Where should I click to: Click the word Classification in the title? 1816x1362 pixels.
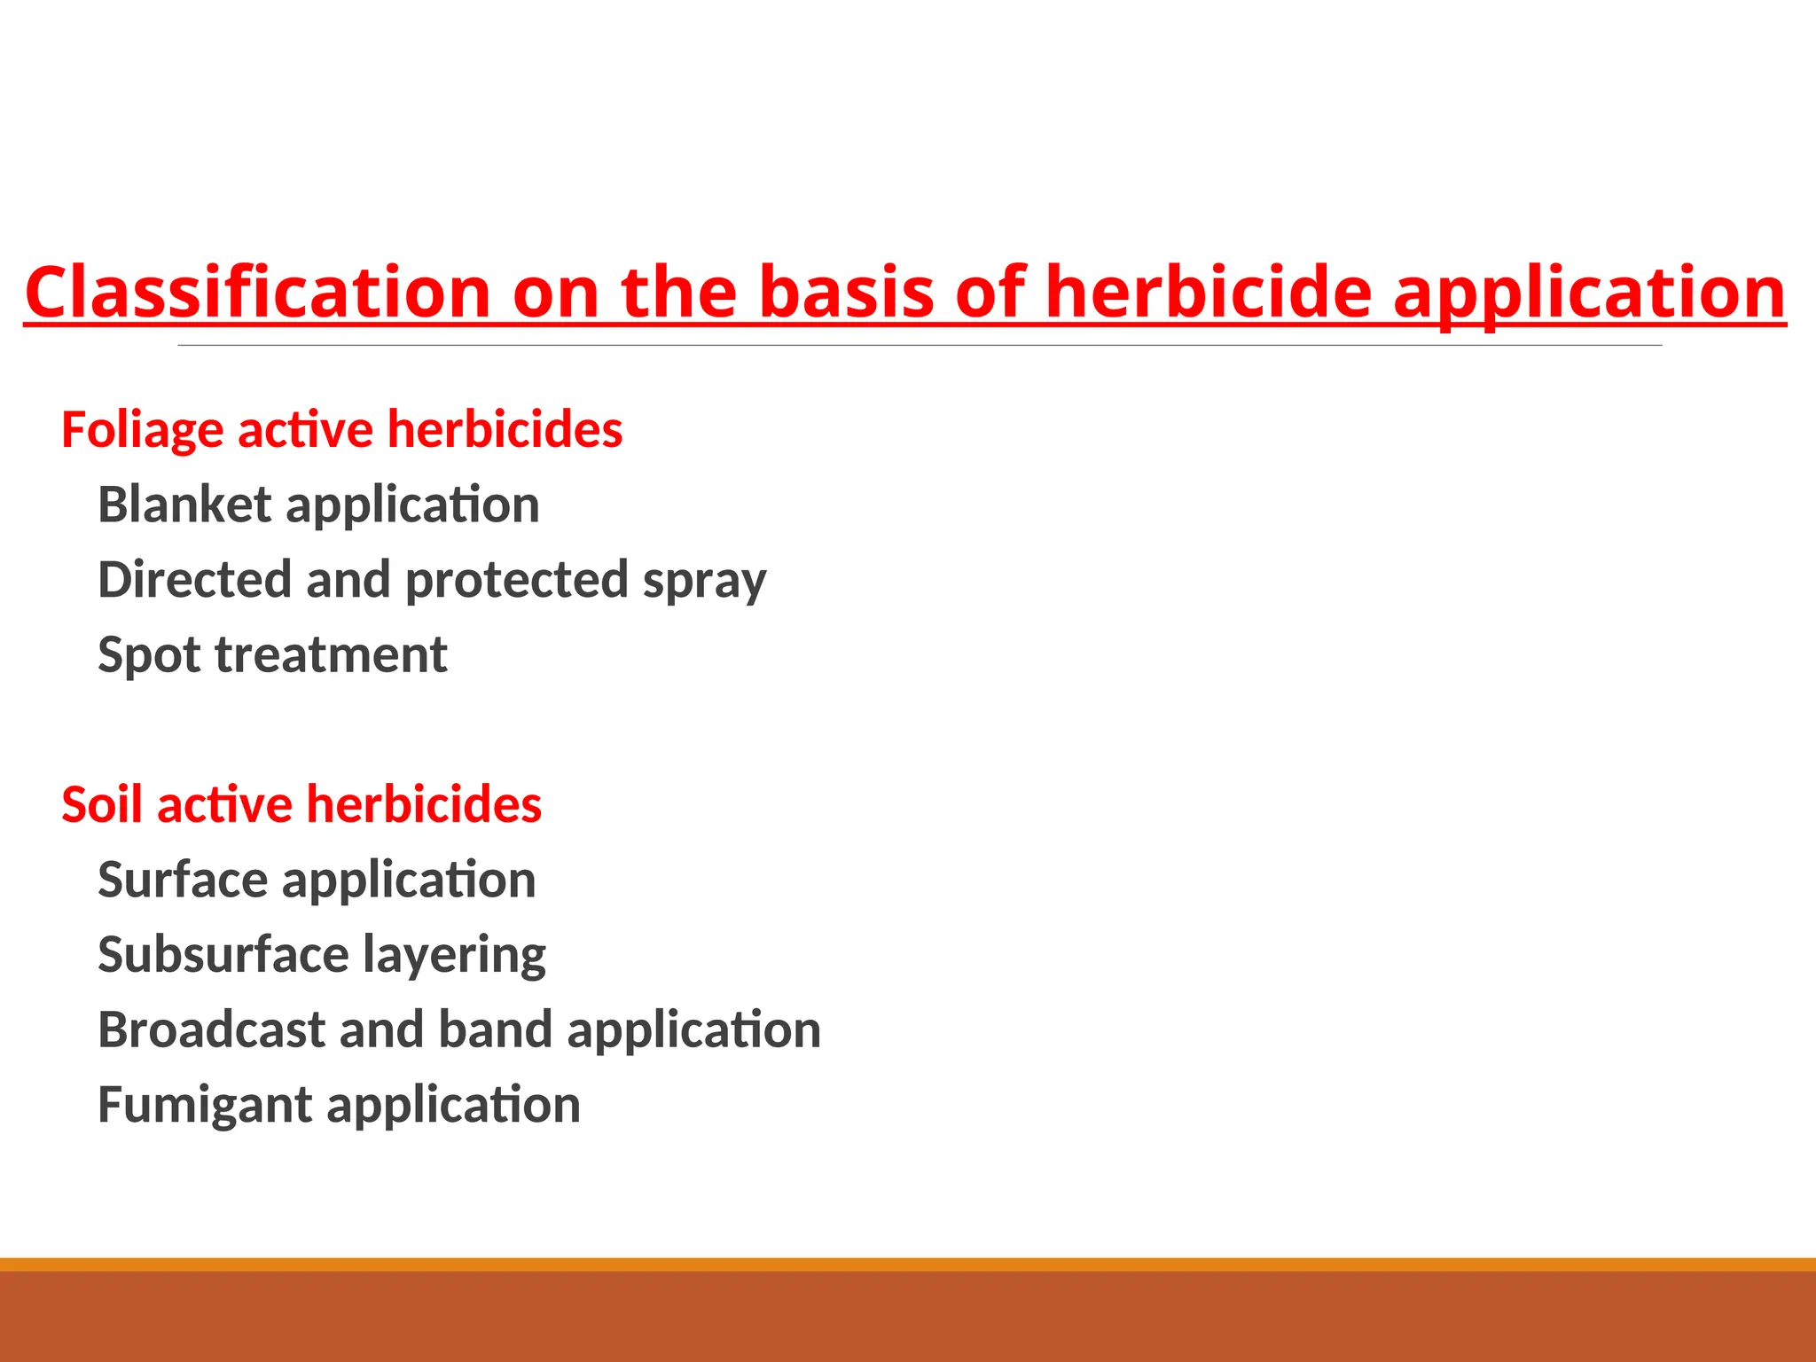(257, 293)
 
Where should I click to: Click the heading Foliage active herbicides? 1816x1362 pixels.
(341, 430)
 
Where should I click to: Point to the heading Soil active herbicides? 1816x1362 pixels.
(301, 805)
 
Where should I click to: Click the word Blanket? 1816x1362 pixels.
(184, 505)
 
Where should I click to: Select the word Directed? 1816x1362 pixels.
(194, 580)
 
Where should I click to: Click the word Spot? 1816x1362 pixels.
(149, 656)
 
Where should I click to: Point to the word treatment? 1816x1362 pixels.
(331, 655)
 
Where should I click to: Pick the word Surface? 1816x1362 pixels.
(183, 880)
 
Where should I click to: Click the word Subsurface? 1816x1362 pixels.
(223, 955)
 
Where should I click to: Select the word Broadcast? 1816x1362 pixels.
(211, 1029)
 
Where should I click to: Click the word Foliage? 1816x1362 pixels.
(142, 431)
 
